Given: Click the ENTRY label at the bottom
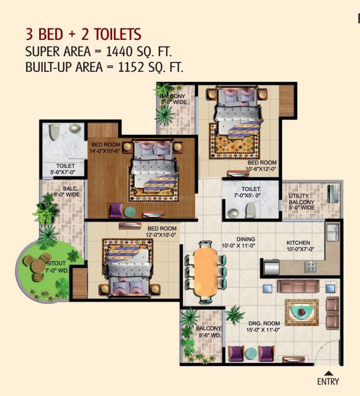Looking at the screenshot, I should click(x=328, y=381).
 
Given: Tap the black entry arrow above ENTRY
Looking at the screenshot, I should click(x=328, y=372).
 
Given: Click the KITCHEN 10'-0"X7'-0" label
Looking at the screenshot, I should click(x=298, y=246).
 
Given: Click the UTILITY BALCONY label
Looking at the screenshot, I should click(x=301, y=202).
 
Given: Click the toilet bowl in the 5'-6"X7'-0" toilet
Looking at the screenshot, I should click(x=53, y=132).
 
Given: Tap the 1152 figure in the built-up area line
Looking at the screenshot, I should click(x=133, y=68).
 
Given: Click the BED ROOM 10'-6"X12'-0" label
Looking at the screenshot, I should click(x=262, y=166).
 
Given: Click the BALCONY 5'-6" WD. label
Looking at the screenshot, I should click(x=208, y=332).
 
